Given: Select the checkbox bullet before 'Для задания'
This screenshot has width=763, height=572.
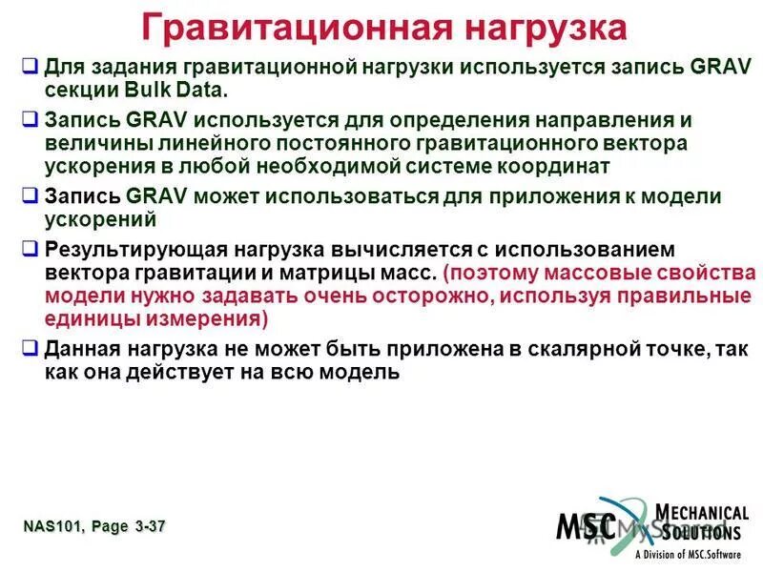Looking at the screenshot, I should [x=30, y=69].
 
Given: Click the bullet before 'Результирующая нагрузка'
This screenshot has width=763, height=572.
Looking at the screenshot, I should [x=30, y=250].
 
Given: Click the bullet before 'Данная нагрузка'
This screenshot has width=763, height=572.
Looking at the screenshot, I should [x=30, y=349].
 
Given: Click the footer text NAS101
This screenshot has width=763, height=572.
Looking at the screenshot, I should [x=52, y=526].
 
